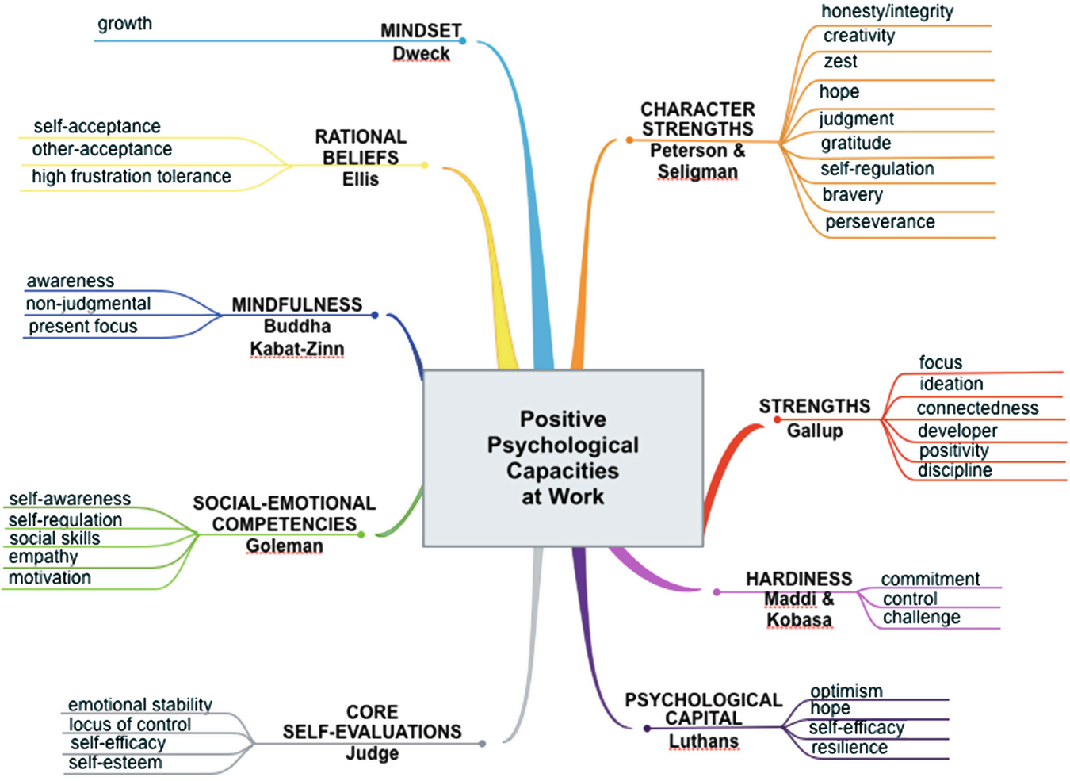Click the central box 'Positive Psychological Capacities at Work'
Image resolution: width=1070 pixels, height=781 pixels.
(x=563, y=457)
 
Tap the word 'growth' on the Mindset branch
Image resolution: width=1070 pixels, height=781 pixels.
(x=124, y=24)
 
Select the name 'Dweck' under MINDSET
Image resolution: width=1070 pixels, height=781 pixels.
(x=421, y=54)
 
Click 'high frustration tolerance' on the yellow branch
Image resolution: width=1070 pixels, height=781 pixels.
(x=132, y=176)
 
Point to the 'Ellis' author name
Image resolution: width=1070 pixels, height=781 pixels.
(x=361, y=179)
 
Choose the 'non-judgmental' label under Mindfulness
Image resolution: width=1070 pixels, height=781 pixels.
(x=88, y=304)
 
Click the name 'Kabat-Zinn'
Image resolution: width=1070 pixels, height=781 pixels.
(x=297, y=349)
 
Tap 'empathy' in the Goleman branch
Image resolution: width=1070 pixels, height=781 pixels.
(x=43, y=557)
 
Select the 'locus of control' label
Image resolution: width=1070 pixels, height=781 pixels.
(x=130, y=725)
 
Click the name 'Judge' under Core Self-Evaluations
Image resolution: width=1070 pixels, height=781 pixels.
(x=372, y=753)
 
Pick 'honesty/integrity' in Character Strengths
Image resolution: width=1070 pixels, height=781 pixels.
(x=887, y=11)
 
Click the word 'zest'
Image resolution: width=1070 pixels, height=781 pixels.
(x=840, y=62)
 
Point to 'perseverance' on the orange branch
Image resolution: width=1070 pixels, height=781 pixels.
(x=880, y=222)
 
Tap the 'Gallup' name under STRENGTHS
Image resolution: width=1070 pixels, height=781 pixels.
(x=815, y=431)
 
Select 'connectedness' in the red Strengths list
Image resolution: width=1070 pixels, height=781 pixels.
(x=977, y=408)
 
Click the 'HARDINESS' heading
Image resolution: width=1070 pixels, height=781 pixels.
(x=799, y=579)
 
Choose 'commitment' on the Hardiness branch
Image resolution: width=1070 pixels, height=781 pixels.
(x=930, y=579)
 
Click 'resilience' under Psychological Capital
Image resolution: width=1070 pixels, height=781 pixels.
(x=849, y=748)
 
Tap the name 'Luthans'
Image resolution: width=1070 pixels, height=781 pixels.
(x=703, y=741)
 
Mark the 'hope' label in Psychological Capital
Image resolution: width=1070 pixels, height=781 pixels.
(x=830, y=708)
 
